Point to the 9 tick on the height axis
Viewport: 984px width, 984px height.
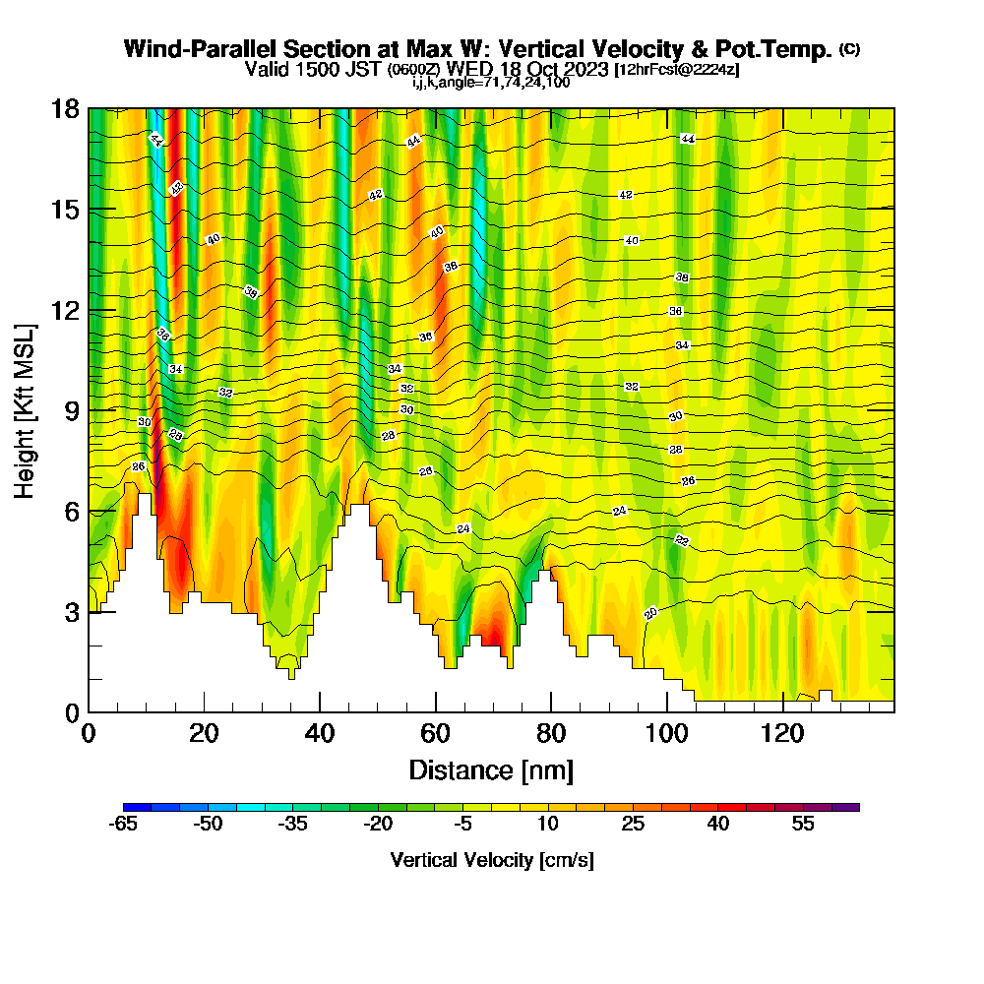click(89, 410)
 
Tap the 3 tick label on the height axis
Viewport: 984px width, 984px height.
click(71, 612)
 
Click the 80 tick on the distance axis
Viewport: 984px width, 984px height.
click(552, 711)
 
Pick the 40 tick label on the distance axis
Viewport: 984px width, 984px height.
click(320, 733)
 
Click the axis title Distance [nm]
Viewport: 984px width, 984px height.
click(491, 769)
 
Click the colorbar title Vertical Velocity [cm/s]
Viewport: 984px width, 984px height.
click(491, 860)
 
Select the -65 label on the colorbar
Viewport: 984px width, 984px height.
click(123, 825)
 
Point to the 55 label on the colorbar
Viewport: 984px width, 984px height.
click(803, 825)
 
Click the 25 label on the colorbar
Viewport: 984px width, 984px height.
click(633, 825)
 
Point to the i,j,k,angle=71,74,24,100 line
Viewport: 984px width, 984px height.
click(491, 83)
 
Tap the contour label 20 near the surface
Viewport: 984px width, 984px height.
click(650, 614)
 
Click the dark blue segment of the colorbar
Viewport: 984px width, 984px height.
click(137, 807)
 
